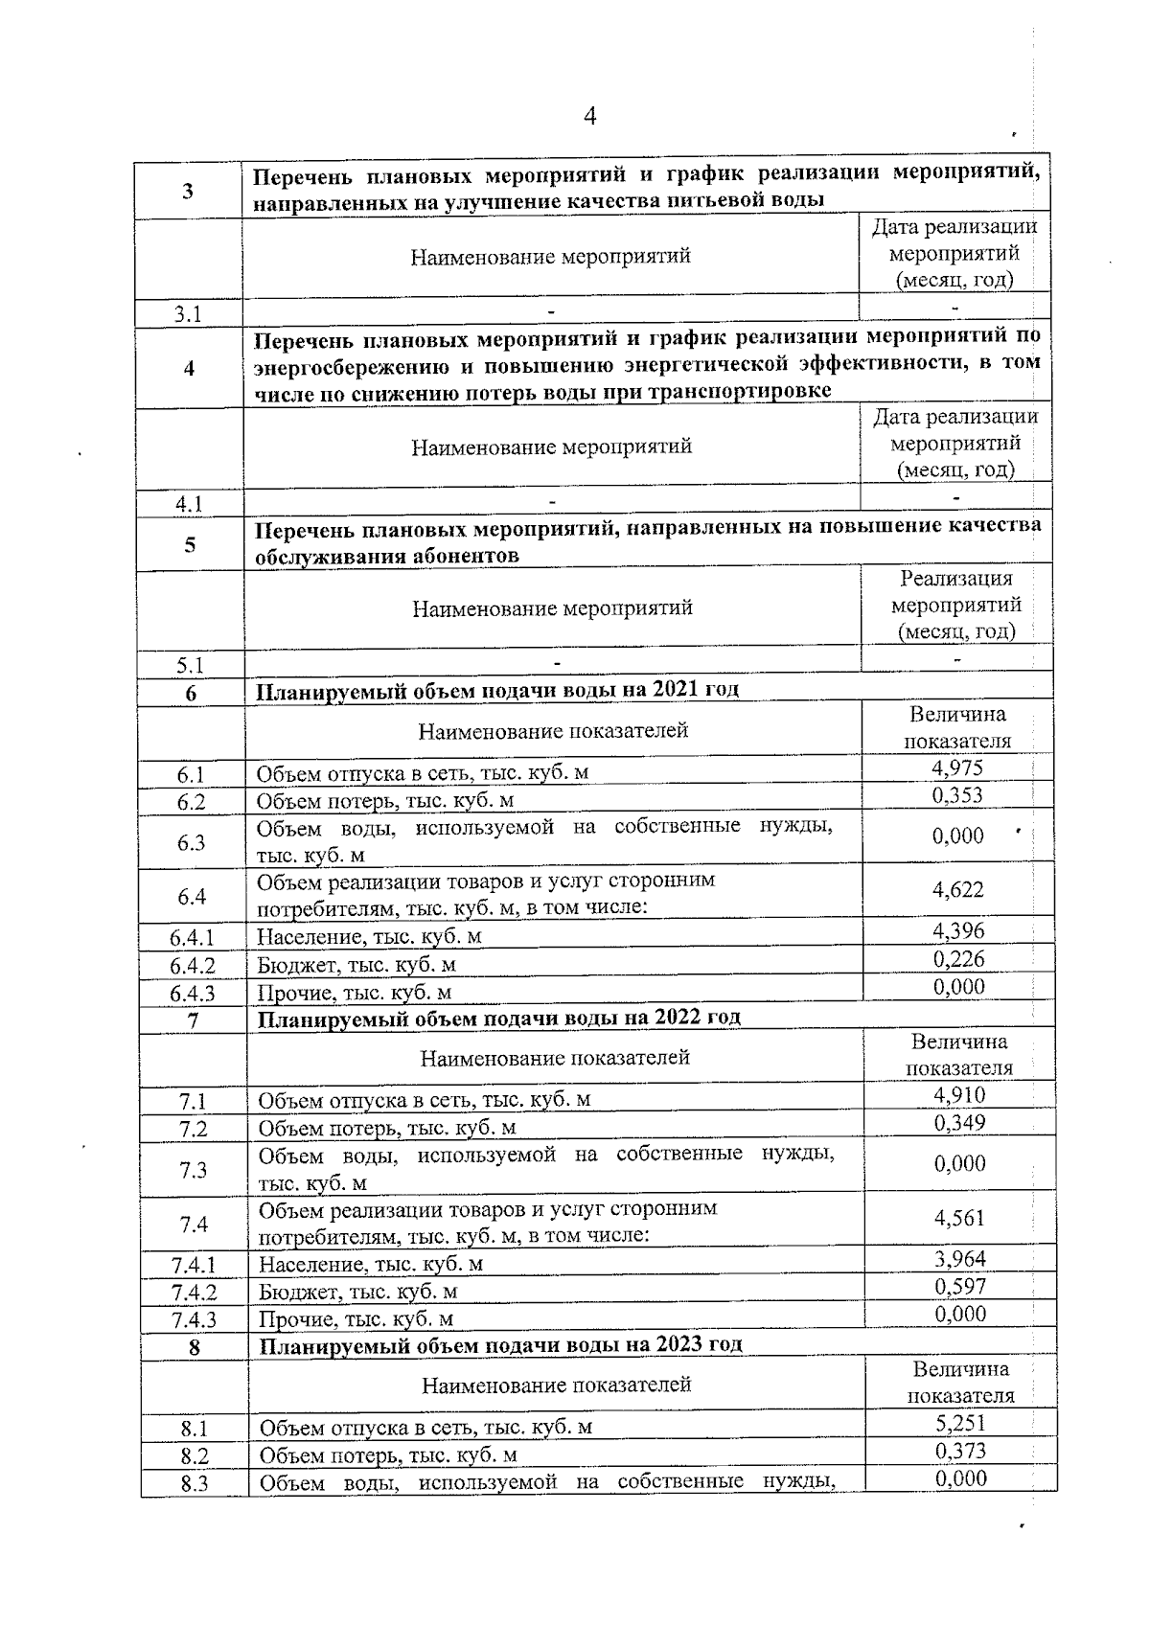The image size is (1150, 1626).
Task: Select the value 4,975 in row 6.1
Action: (957, 768)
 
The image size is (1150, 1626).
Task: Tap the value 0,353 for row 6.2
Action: (957, 796)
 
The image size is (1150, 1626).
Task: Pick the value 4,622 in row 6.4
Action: (958, 890)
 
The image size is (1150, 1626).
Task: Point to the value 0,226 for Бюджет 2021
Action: (959, 959)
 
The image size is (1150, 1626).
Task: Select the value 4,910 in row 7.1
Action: (959, 1095)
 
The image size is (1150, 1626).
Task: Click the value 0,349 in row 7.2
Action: (959, 1123)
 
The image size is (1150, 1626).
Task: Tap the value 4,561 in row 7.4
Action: (960, 1218)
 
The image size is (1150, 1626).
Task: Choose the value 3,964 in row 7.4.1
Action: (960, 1259)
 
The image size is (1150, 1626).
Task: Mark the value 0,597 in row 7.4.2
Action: (960, 1287)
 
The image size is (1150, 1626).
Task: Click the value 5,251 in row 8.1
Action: (961, 1423)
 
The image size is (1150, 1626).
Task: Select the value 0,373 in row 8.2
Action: (961, 1451)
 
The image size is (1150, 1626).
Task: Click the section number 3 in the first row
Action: (188, 190)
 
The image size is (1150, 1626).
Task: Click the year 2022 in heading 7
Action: (678, 1017)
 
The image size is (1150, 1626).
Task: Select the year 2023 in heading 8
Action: (680, 1344)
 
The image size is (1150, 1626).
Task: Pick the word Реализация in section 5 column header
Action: (956, 579)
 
